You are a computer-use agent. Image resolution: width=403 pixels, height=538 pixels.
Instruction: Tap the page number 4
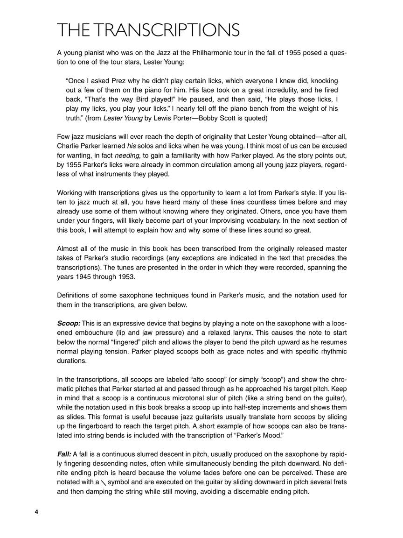tap(36, 512)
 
